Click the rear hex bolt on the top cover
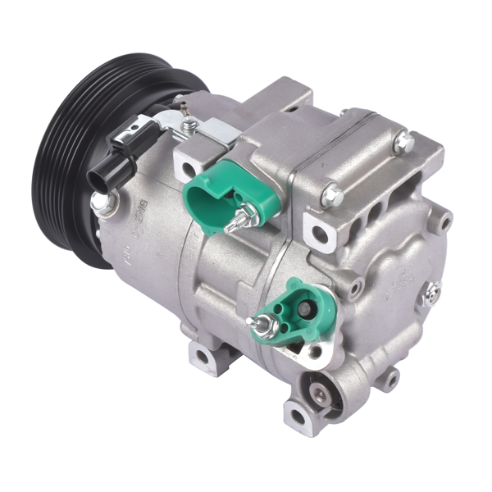[x=402, y=142]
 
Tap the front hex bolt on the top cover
[x=331, y=196]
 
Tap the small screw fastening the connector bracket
[x=190, y=125]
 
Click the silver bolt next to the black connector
[x=101, y=202]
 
